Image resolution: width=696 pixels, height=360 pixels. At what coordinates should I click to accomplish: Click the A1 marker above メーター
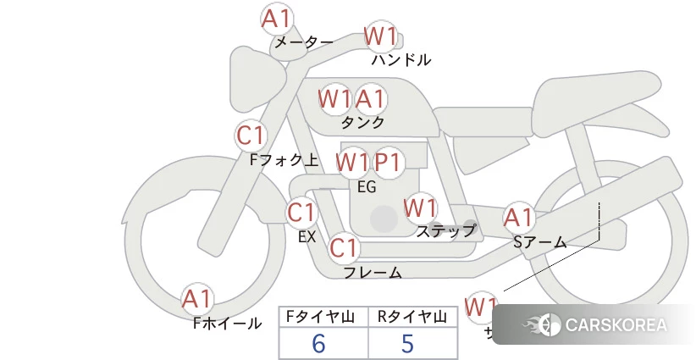277,19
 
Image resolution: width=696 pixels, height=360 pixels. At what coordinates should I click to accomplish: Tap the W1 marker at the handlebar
380,36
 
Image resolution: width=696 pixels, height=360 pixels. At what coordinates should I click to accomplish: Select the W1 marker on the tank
334,99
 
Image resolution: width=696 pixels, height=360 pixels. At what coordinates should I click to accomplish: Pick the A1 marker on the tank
371,99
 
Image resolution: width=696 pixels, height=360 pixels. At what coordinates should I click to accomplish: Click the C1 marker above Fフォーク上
251,136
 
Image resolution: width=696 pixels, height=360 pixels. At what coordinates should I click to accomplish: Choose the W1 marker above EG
351,161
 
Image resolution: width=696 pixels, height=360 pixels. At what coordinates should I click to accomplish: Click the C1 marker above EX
301,212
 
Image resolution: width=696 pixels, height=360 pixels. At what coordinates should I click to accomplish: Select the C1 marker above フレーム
344,248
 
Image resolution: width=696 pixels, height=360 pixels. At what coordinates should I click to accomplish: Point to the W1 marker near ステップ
420,208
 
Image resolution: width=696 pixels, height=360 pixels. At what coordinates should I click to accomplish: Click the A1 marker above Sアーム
519,218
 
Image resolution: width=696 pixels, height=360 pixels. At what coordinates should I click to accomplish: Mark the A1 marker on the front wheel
198,299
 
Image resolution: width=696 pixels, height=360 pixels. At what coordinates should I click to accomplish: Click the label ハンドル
401,60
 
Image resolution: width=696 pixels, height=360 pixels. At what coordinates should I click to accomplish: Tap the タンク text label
362,122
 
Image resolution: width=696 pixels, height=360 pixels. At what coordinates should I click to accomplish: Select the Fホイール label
228,323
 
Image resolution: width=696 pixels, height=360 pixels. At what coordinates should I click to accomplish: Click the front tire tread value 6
319,343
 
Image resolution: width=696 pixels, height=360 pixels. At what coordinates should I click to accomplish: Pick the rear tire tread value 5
408,343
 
